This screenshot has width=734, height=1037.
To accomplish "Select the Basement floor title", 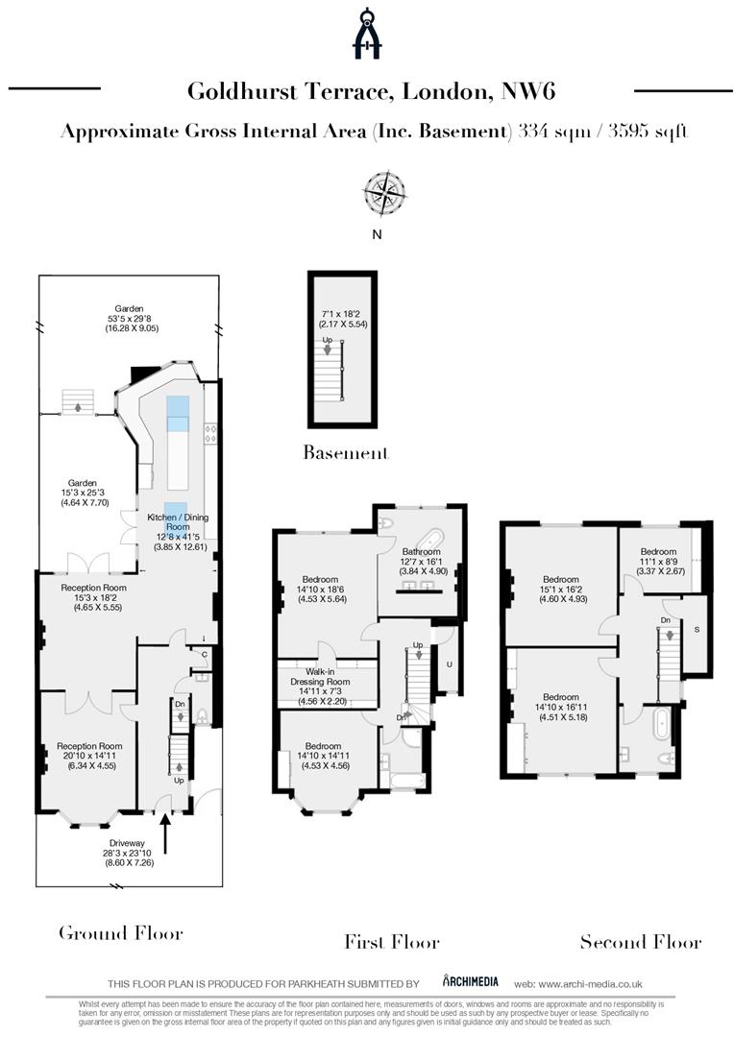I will click(345, 451).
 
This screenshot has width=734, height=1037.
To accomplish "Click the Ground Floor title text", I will click(120, 932).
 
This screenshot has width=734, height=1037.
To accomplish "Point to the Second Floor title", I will click(640, 942).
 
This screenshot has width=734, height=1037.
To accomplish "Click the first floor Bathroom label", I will click(420, 552).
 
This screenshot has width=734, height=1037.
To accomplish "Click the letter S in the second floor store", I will click(695, 630).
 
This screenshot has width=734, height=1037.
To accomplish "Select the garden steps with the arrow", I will click(77, 402).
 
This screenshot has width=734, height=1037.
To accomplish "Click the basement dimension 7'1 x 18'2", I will click(343, 313).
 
